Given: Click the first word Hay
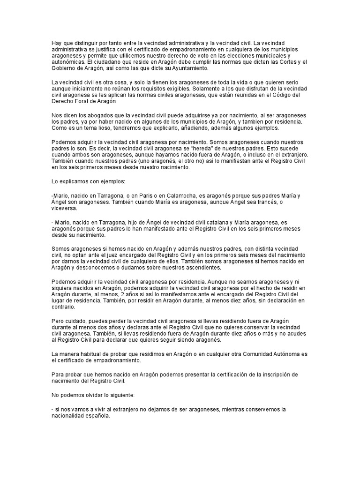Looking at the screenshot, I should click(56, 44).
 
